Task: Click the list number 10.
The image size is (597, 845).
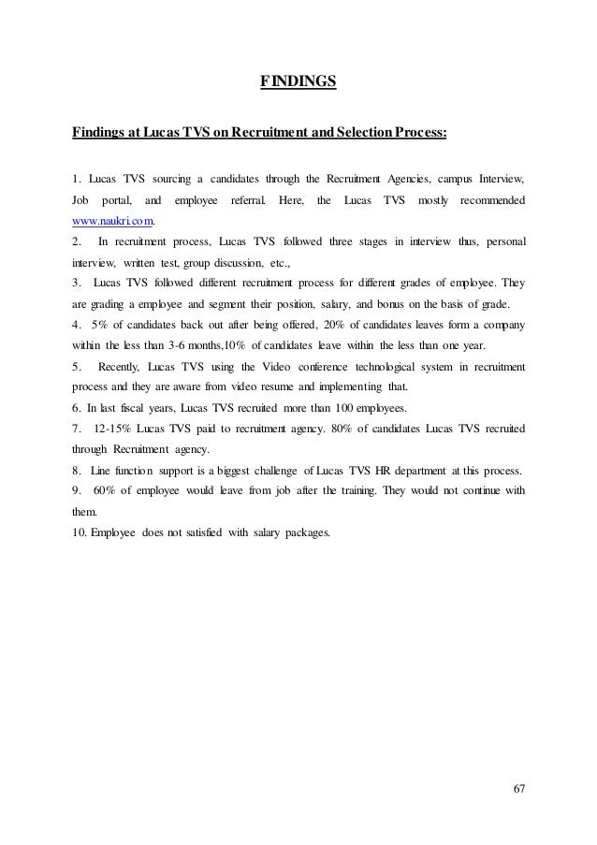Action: (x=79, y=533)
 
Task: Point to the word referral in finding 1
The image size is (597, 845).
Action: (x=248, y=200)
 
